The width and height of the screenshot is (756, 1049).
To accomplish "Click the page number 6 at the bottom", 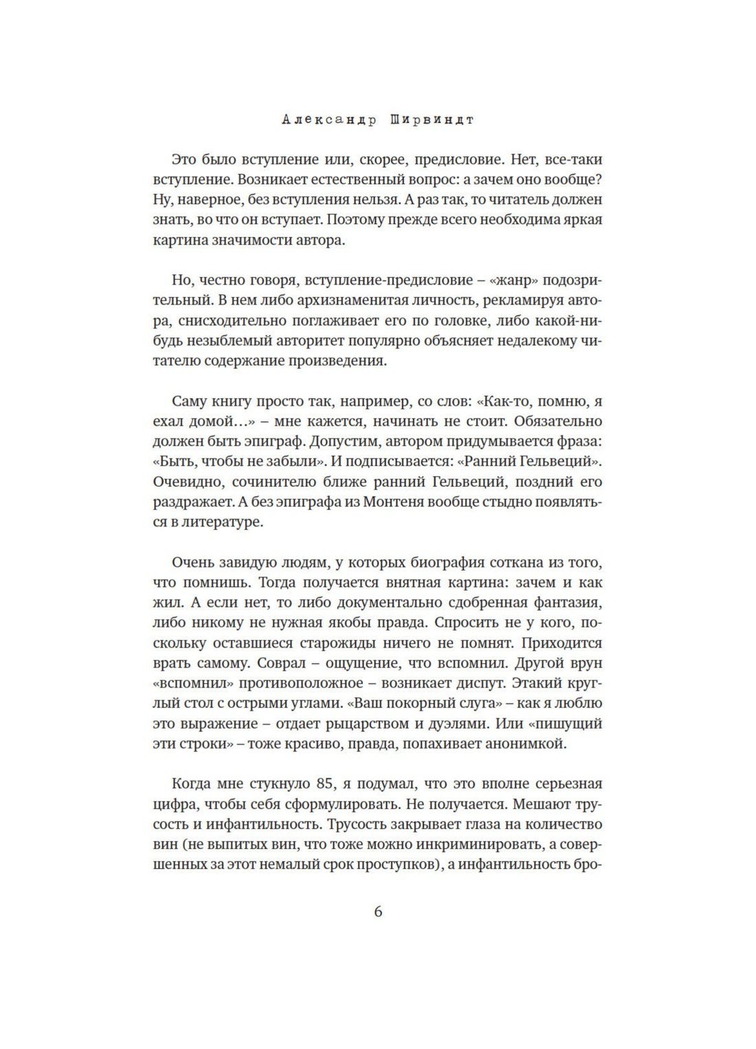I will pos(378,912).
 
